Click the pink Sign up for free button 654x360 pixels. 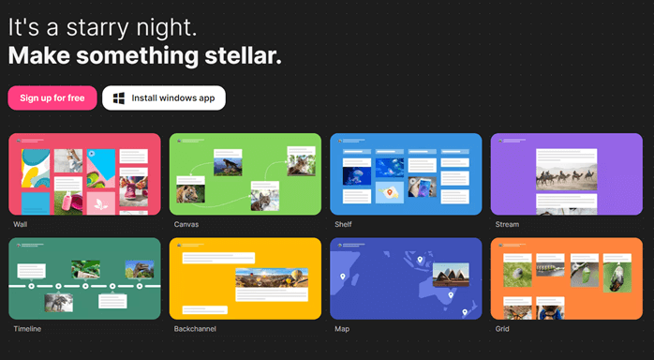tap(52, 98)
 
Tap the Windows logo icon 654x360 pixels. tap(119, 98)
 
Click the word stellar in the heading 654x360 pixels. tap(244, 55)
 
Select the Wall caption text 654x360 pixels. tap(20, 224)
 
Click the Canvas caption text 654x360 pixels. tap(186, 224)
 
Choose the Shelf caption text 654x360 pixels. tap(343, 224)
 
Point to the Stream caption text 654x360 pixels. tap(507, 224)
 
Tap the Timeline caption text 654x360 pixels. tap(27, 329)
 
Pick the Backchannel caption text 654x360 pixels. tap(195, 329)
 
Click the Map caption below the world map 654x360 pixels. tap(342, 329)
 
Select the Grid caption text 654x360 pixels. tap(502, 329)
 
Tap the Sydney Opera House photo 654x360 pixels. tap(451, 275)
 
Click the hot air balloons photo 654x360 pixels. tap(272, 277)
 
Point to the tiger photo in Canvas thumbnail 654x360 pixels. tap(190, 193)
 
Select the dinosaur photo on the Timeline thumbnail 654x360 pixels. tap(140, 269)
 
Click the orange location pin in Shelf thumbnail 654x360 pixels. tap(390, 192)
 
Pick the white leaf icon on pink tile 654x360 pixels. tap(101, 204)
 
